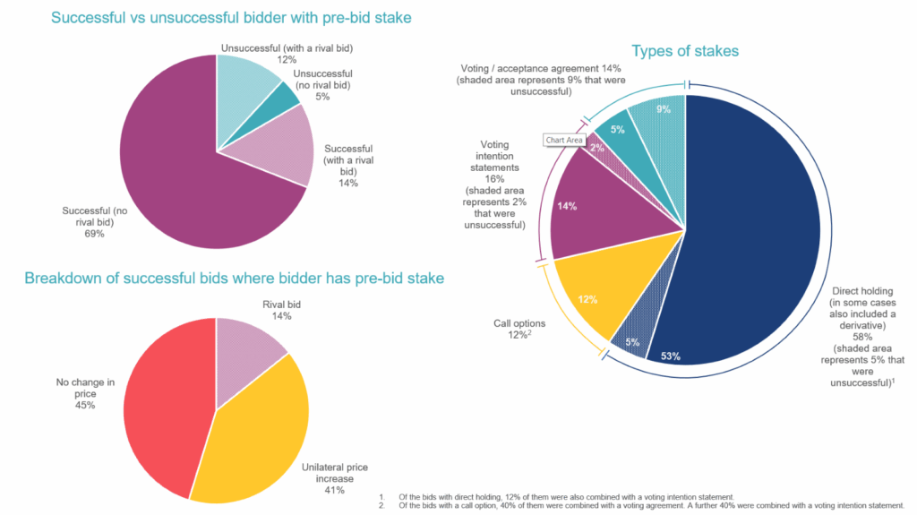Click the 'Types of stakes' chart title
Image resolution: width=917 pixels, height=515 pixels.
(x=685, y=51)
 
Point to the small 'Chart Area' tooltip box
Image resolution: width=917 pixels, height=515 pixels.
(x=564, y=140)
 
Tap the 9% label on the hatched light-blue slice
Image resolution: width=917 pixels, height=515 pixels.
(x=664, y=109)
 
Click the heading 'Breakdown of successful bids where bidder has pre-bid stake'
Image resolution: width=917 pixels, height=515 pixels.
(x=234, y=279)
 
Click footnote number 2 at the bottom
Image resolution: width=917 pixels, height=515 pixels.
(x=382, y=505)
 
